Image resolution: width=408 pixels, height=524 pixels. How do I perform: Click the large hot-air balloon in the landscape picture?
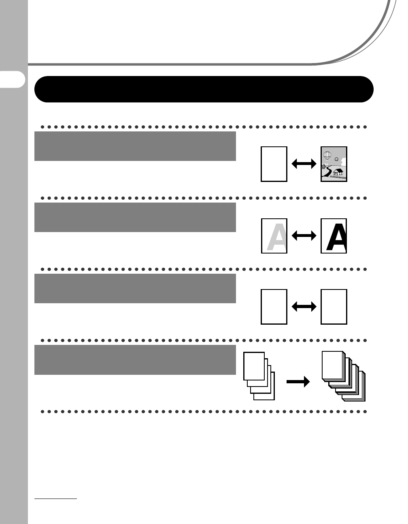click(328, 155)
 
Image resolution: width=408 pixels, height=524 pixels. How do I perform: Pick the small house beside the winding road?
click(324, 166)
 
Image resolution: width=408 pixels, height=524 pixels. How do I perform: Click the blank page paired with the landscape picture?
click(274, 164)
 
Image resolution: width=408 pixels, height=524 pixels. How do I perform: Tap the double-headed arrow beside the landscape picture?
click(304, 164)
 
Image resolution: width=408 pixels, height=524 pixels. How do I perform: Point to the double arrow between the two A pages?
click(304, 236)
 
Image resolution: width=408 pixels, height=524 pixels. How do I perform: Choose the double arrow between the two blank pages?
click(304, 307)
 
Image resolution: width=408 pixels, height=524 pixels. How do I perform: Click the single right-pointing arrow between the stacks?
click(298, 382)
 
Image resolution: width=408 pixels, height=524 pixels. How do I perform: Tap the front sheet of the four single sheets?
click(254, 366)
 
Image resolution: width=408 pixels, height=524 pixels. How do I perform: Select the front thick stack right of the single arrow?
click(333, 366)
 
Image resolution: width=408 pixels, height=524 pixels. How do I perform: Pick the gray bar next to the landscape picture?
click(135, 146)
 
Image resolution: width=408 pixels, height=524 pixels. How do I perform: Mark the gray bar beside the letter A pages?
click(135, 217)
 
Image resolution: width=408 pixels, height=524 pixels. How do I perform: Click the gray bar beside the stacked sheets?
click(135, 359)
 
